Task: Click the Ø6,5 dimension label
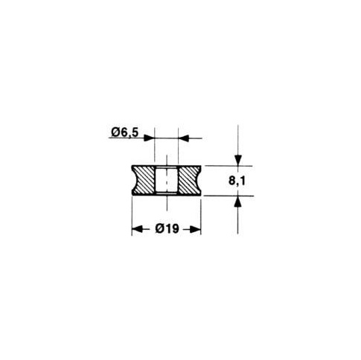[124, 132]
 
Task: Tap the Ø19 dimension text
[167, 228]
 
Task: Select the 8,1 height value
[237, 181]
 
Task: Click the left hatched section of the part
[144, 180]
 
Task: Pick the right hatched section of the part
[189, 180]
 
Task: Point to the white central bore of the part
[167, 180]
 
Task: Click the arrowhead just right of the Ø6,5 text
[150, 138]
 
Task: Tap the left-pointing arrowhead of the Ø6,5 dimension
[183, 138]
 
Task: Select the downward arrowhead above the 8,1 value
[238, 160]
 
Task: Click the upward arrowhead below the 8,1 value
[238, 201]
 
